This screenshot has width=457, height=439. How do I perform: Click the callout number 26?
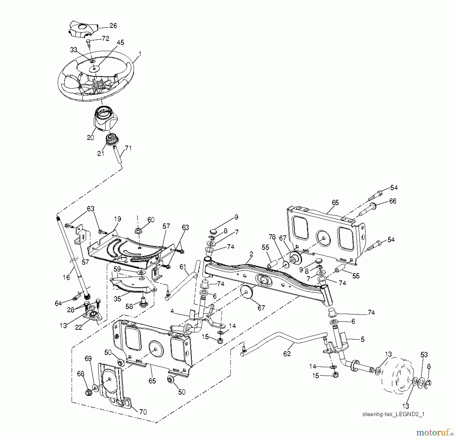coord(113,26)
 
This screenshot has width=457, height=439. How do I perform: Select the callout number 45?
coord(120,43)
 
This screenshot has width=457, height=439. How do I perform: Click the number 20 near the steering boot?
coord(90,138)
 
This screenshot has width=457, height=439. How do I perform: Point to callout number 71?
coord(128,148)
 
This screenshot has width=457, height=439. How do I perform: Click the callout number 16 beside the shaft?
coord(66,277)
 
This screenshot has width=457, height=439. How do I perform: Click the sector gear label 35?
coord(117,299)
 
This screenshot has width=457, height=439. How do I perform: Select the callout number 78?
coord(272,237)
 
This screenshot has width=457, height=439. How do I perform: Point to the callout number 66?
coord(393,201)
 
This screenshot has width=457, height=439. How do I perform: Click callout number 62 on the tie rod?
coord(287,354)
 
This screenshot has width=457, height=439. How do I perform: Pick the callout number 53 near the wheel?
coord(424,355)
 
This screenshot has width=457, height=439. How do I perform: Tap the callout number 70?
coord(143,412)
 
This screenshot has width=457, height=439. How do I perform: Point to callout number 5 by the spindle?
coord(363,339)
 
